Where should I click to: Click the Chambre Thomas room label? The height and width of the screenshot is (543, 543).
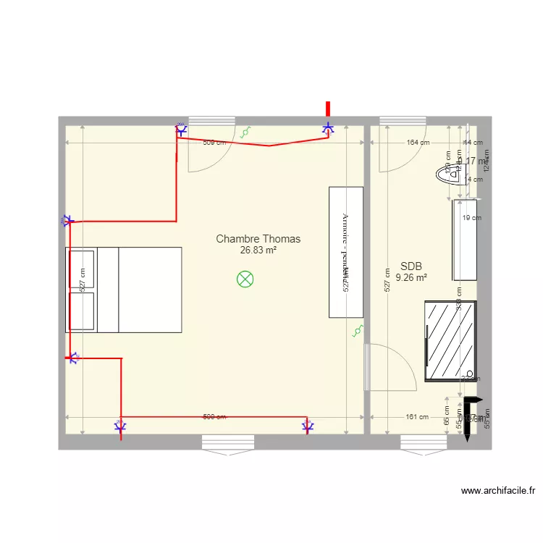click(258, 238)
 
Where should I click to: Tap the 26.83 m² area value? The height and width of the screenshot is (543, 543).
click(258, 251)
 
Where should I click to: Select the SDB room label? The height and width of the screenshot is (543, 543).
click(411, 266)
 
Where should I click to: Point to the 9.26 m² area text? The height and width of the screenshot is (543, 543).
click(411, 277)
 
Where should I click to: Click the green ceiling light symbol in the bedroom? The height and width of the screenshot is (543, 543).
click(246, 279)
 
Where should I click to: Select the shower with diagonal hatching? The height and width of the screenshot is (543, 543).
click(450, 340)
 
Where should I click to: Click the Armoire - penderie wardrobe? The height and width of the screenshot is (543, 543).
click(345, 251)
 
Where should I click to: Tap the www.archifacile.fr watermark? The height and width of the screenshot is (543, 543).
click(498, 491)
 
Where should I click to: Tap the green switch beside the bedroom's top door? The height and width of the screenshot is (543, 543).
click(246, 132)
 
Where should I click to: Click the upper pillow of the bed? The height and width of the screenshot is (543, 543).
click(81, 268)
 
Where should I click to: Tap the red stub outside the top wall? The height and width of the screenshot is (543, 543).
click(328, 109)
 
